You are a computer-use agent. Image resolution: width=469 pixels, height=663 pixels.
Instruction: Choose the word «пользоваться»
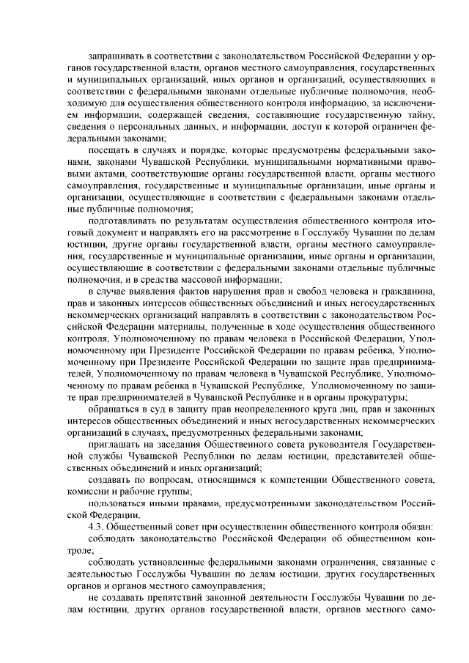119,505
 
